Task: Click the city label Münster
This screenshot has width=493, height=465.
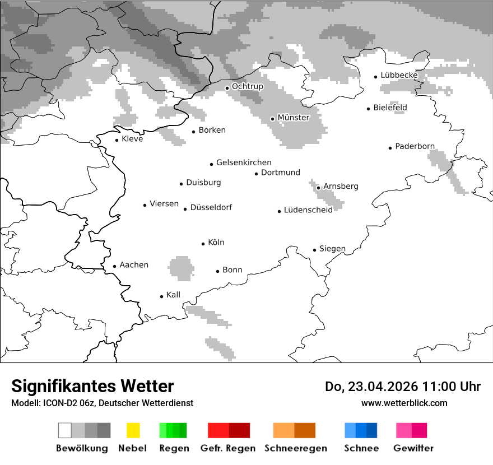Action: click(x=294, y=118)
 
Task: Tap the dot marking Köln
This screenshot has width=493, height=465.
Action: click(x=203, y=244)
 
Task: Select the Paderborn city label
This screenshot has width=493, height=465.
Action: click(x=415, y=147)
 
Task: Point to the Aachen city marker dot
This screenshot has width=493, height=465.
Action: click(x=115, y=267)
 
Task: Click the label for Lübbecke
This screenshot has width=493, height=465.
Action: click(x=399, y=75)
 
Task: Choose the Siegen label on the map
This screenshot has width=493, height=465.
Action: click(x=332, y=249)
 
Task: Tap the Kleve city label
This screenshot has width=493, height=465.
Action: click(x=132, y=139)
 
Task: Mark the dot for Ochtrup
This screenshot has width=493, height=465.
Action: click(x=227, y=88)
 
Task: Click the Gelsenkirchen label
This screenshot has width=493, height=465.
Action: click(x=244, y=162)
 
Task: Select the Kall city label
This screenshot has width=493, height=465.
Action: click(x=173, y=295)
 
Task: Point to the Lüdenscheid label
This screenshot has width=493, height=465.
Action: click(x=308, y=210)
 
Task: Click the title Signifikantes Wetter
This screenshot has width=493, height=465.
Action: click(x=92, y=387)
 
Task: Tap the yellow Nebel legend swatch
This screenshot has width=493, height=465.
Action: click(x=133, y=430)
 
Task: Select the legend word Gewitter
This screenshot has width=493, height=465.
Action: click(x=413, y=448)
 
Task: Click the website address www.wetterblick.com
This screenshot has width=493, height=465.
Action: click(x=404, y=403)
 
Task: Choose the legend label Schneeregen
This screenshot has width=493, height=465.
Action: click(x=296, y=448)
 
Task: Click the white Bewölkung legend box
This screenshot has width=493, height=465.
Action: click(x=65, y=430)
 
